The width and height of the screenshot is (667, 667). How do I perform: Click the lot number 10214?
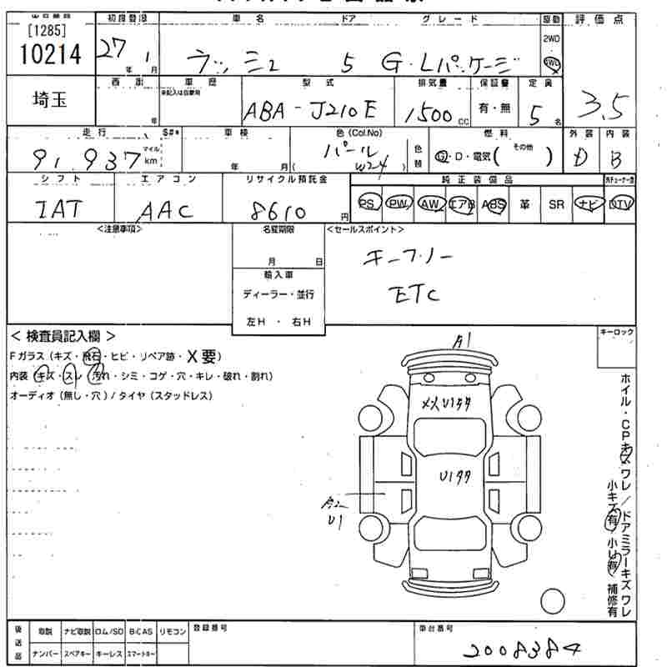50,55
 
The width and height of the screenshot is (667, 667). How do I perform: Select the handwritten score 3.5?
606,107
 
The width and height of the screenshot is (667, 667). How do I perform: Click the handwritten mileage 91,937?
88,158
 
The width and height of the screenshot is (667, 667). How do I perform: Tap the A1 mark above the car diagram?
460,341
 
